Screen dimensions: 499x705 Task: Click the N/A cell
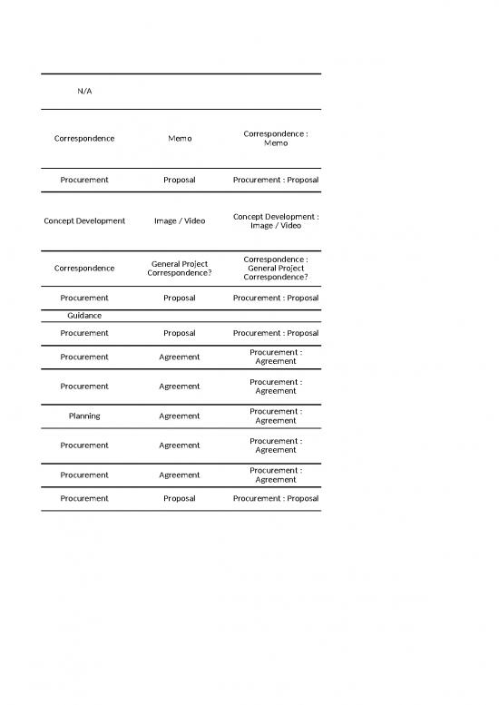tap(84, 92)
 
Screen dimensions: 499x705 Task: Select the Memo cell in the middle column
tap(180, 139)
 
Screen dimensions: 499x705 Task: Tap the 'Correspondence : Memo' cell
tap(275, 139)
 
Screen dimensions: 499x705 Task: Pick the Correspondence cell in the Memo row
tap(84, 139)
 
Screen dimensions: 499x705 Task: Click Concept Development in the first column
tap(84, 220)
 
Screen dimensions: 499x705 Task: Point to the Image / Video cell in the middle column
tap(180, 220)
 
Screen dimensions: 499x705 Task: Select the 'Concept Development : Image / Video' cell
tap(275, 220)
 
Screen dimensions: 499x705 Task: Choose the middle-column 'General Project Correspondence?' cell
tap(180, 268)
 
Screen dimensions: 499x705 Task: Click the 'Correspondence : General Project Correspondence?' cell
tap(275, 268)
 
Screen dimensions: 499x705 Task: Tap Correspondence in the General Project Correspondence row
tap(84, 268)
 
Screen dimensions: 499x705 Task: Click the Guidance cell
tap(84, 315)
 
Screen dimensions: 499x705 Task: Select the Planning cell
tap(84, 416)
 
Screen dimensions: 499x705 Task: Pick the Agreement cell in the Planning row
tap(180, 416)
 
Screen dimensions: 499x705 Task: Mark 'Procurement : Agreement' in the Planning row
tap(275, 416)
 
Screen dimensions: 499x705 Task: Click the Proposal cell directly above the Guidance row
tap(180, 298)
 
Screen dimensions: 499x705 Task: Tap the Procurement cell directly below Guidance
tap(84, 333)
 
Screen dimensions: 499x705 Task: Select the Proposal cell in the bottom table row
tap(180, 498)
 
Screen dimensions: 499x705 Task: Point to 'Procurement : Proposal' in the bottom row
tap(275, 498)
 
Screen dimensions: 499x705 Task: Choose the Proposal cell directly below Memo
tap(180, 180)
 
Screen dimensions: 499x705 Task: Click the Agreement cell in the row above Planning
tap(180, 386)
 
